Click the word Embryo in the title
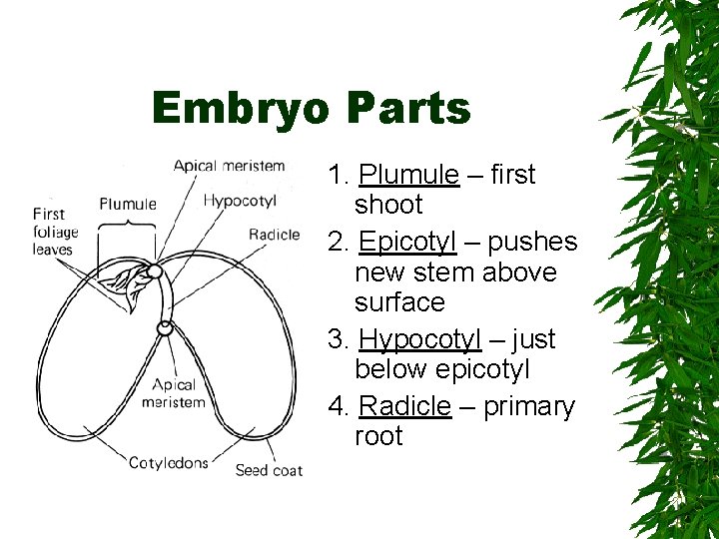(x=240, y=108)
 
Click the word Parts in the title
(x=408, y=108)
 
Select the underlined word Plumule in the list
(x=408, y=175)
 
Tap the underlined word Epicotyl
(x=407, y=243)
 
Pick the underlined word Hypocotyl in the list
(x=419, y=339)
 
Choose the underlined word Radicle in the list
(x=404, y=407)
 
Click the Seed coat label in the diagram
(x=269, y=469)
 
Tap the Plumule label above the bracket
(x=128, y=205)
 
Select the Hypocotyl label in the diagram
(x=240, y=201)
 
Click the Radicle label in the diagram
(x=274, y=235)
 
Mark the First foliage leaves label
(x=55, y=232)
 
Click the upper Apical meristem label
(x=229, y=166)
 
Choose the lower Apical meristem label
(x=174, y=393)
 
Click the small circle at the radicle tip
(x=166, y=326)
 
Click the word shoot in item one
(x=388, y=205)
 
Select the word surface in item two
(x=399, y=301)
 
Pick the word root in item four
(x=378, y=436)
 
